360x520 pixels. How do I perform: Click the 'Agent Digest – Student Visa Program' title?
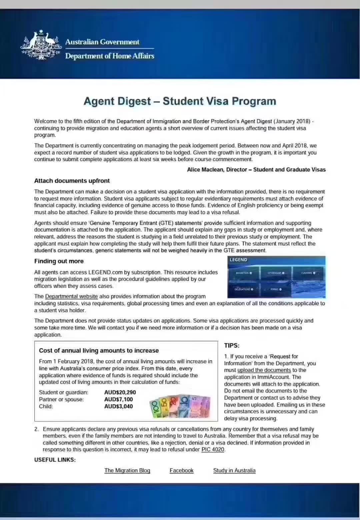[x=180, y=101]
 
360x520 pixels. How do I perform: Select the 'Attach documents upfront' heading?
[x=72, y=181]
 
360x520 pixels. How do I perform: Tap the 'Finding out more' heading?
[x=59, y=261]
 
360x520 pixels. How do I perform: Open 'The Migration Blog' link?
[x=127, y=470]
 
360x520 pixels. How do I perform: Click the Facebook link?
[x=181, y=470]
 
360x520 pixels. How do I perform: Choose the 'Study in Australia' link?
[x=234, y=470]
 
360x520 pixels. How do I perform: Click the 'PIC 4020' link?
[x=213, y=449]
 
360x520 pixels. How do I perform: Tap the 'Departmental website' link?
[x=71, y=296]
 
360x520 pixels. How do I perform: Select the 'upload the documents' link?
[x=264, y=370]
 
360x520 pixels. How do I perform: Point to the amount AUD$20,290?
[x=120, y=392]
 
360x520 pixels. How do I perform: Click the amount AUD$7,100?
[x=118, y=399]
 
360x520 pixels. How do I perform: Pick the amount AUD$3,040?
[x=118, y=406]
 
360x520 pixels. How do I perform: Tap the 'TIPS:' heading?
[x=232, y=346]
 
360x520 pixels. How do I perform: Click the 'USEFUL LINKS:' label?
[x=55, y=460]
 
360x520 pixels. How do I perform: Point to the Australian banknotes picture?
[x=180, y=406]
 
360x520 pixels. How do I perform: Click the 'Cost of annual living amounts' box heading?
[x=99, y=350]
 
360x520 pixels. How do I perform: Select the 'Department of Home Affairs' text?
[x=110, y=56]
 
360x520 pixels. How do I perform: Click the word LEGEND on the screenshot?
[x=238, y=260]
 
